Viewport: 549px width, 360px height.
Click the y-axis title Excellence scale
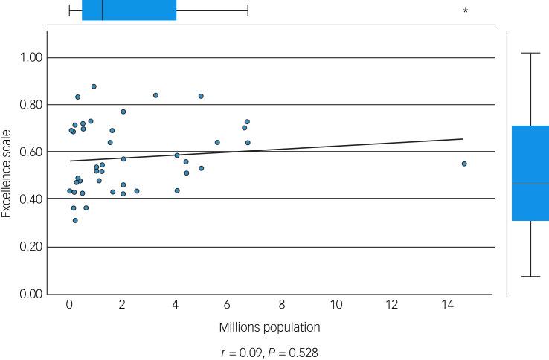[x=7, y=176]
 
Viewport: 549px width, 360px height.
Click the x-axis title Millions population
[x=269, y=327]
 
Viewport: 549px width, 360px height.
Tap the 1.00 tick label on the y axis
[x=31, y=58]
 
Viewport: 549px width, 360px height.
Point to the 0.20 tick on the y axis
[x=31, y=247]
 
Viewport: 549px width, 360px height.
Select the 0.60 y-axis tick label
[x=31, y=152]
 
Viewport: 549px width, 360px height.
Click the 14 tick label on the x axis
[x=446, y=304]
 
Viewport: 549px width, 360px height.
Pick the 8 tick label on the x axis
[x=282, y=304]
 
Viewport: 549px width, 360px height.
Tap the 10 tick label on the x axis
[x=336, y=304]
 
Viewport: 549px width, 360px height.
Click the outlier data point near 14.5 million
[x=464, y=164]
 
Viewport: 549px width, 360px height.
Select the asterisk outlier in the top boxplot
[x=466, y=11]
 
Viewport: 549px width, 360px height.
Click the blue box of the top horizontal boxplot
[x=129, y=10]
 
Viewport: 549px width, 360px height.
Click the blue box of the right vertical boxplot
[x=530, y=173]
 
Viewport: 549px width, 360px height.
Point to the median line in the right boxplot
[x=530, y=184]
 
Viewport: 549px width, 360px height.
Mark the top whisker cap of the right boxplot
[x=530, y=54]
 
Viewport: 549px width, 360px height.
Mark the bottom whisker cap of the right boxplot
[x=530, y=277]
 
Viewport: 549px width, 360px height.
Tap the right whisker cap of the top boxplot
[x=248, y=10]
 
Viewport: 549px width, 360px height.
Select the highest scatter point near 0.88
[x=94, y=86]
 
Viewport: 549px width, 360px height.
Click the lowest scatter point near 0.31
[x=75, y=220]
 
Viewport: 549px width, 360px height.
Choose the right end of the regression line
[x=463, y=139]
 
